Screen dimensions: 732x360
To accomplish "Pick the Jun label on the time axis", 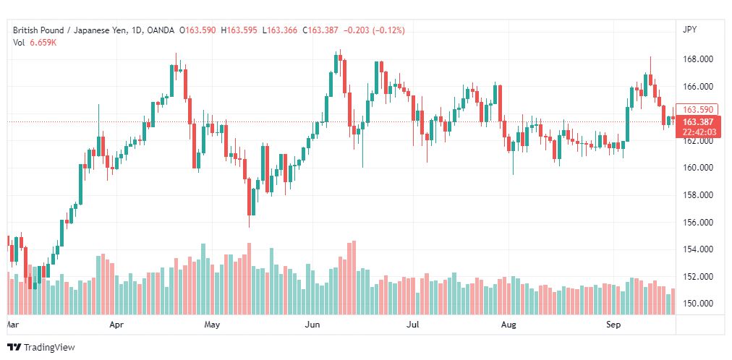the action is pos(312,325).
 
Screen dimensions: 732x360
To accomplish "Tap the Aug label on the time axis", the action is pos(508,325).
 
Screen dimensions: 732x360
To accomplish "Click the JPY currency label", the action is pos(689,30).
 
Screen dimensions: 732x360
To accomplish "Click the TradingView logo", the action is pos(41,348).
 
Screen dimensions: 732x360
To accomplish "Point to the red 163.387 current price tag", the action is pos(697,122).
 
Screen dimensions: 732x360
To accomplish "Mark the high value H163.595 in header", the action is pos(239,30).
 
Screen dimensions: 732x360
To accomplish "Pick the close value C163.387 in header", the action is pos(320,30).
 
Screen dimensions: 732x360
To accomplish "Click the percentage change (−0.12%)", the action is pos(388,30).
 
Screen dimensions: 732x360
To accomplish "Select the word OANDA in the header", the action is pos(161,30).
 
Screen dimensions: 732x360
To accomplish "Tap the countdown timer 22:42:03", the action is pos(699,132).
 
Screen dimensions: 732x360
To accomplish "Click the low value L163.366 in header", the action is pos(280,30).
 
